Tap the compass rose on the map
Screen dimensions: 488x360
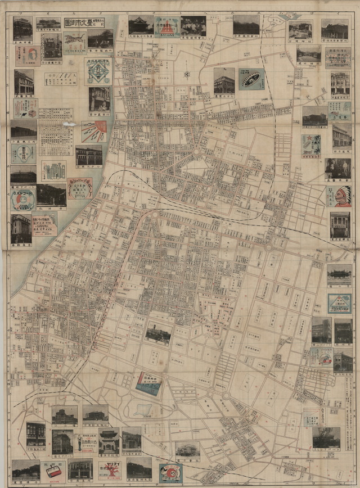click(187, 74)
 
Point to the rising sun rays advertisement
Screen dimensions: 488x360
click(93, 131)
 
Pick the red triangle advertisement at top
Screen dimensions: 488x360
click(166, 26)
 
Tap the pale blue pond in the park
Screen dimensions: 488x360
click(144, 410)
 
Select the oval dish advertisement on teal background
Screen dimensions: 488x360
click(251, 79)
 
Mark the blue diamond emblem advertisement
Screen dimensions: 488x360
click(98, 70)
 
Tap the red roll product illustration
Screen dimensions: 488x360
click(53, 471)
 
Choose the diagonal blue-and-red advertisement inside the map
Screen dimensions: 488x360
click(148, 385)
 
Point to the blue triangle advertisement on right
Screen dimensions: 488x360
click(339, 304)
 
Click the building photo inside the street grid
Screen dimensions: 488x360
click(158, 334)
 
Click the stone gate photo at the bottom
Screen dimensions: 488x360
click(109, 442)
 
